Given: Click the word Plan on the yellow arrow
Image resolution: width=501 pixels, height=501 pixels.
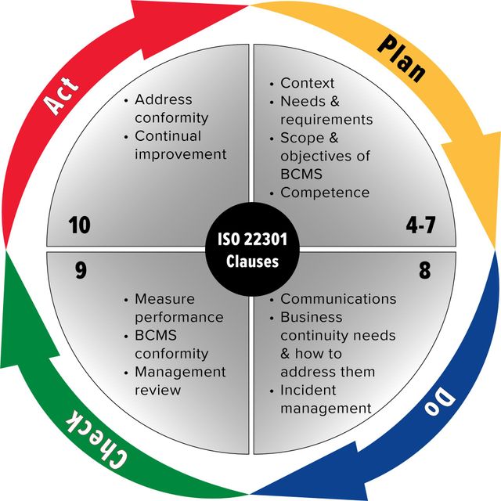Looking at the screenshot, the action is (402, 59).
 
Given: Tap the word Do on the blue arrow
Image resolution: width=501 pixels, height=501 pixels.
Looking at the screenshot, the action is (440, 400).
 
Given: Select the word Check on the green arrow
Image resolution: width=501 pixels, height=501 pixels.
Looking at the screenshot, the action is (96, 439).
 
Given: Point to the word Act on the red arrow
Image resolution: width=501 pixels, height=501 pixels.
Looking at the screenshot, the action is (61, 95).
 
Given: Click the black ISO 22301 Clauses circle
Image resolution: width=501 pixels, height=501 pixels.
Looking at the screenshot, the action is (252, 250).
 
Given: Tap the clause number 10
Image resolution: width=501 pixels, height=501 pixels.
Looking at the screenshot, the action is (80, 225).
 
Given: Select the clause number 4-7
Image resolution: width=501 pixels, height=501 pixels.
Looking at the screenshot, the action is (420, 225).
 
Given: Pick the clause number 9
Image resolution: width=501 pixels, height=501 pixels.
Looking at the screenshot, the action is (81, 270).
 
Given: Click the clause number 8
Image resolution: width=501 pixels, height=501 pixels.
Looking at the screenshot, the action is (424, 270).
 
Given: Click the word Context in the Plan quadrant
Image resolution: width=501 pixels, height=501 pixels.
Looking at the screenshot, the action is (308, 83).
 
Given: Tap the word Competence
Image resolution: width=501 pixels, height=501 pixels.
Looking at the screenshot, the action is (325, 193).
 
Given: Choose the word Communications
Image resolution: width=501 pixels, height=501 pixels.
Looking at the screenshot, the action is (338, 299).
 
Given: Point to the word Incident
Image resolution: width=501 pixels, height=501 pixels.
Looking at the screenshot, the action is (308, 390).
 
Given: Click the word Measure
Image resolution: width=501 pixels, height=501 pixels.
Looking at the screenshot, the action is (164, 299).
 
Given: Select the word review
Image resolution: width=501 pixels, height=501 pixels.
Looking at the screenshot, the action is (158, 390).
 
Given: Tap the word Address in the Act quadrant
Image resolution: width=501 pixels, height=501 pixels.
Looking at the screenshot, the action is (164, 99).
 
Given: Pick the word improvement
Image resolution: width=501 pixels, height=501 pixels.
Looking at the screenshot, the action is (181, 154).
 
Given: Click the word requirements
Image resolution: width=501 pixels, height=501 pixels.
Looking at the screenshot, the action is (326, 120).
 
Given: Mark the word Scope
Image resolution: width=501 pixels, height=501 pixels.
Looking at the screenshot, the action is (302, 138).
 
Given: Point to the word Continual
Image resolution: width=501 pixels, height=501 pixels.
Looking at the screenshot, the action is (168, 135).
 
